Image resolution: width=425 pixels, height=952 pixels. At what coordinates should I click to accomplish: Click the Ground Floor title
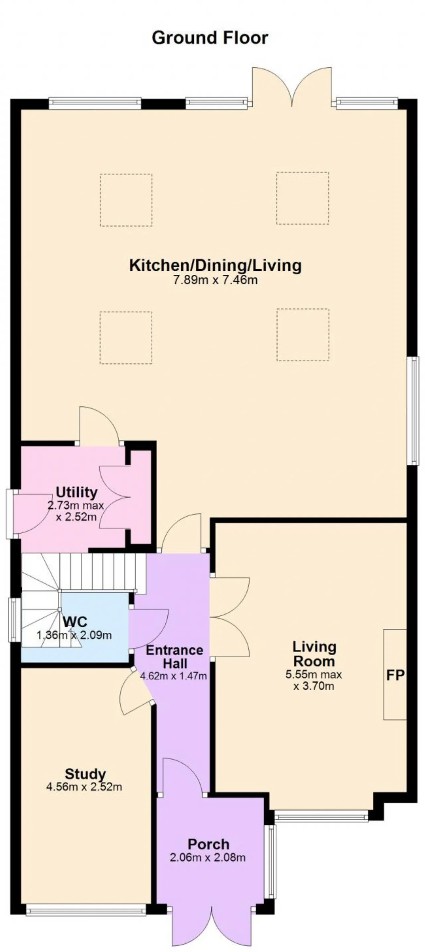[x=210, y=38]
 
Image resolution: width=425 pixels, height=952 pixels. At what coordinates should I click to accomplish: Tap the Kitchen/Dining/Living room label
[x=215, y=265]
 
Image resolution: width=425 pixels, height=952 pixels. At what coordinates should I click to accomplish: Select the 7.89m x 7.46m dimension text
[x=215, y=280]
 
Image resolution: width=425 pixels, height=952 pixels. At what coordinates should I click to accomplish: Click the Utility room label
[x=77, y=492]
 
